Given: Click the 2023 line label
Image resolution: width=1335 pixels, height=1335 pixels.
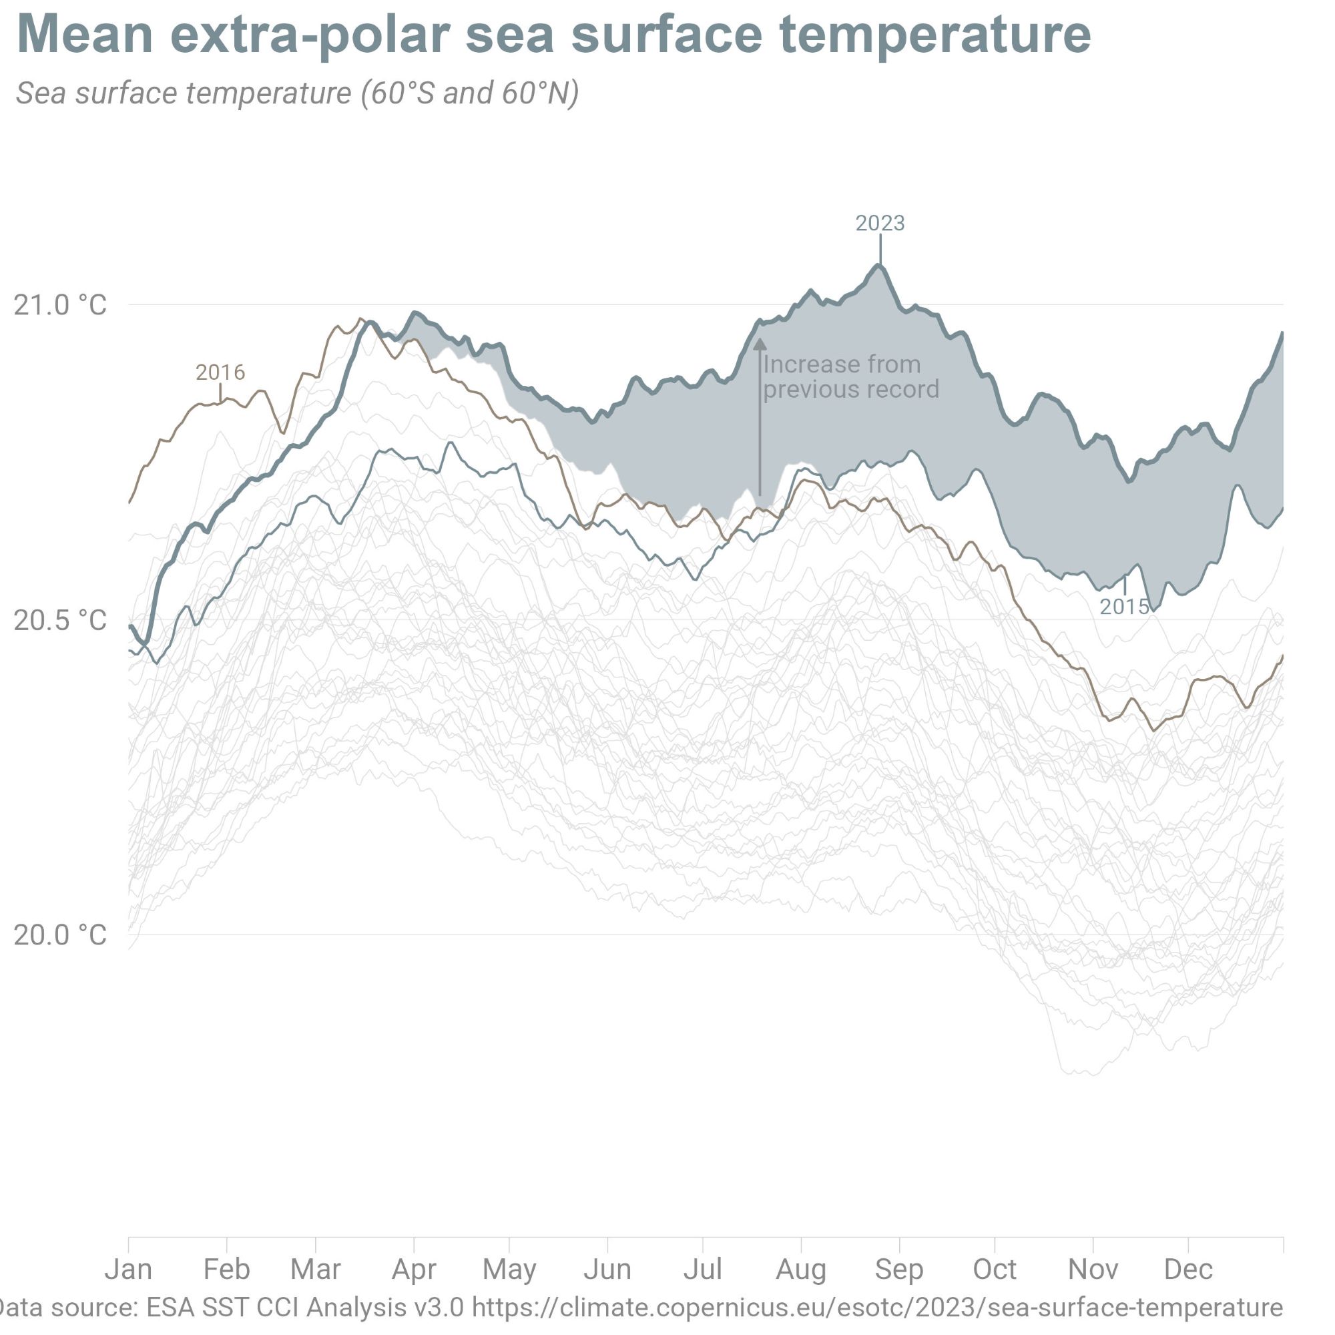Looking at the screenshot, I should click(x=880, y=223).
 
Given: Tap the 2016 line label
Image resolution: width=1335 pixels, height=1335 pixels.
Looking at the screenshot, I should click(x=220, y=372).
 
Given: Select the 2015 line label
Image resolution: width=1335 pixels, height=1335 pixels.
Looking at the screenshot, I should click(x=1124, y=607).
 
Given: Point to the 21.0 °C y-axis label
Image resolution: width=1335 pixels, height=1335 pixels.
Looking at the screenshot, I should click(x=60, y=305).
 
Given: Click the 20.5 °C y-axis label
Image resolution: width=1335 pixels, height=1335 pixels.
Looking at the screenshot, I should click(x=60, y=621).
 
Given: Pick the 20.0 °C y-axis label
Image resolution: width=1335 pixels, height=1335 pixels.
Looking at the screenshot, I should click(x=60, y=935).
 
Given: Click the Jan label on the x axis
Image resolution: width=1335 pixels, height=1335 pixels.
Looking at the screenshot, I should click(x=129, y=1270).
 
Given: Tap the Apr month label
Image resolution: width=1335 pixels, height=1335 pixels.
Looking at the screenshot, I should click(x=414, y=1270).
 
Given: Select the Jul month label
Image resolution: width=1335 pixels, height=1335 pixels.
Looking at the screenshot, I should click(x=703, y=1270).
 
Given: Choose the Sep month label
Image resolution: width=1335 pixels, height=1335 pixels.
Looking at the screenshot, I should click(x=899, y=1270).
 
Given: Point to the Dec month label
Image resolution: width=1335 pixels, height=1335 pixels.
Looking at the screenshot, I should click(x=1188, y=1270).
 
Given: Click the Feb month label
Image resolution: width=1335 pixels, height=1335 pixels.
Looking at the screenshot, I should click(x=227, y=1270).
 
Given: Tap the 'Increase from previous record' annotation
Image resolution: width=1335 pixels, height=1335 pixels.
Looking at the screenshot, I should click(x=850, y=376).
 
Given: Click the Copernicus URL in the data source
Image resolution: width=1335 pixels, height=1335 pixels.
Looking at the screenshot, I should click(x=878, y=1308).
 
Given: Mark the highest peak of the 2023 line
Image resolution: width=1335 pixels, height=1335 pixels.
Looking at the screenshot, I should click(x=879, y=266).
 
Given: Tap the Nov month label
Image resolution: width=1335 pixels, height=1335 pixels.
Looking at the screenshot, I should click(x=1093, y=1270).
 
